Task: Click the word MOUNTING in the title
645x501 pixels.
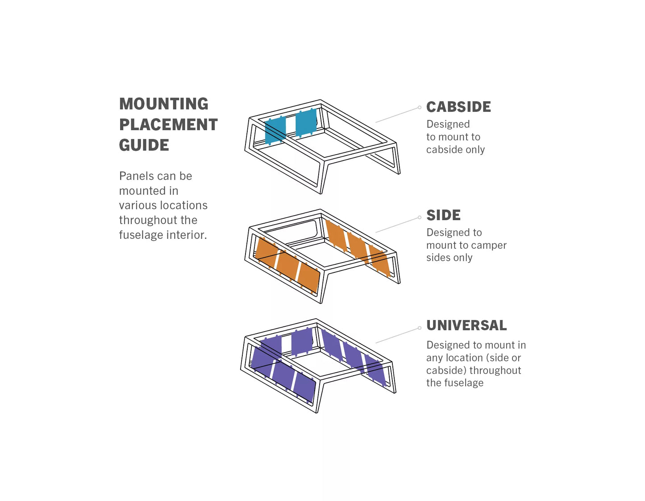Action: (x=163, y=104)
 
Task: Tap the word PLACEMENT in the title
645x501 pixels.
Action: (x=168, y=124)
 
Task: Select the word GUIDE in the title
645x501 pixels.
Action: (x=144, y=145)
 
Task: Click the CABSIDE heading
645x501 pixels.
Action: (x=458, y=107)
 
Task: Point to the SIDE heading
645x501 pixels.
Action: (x=443, y=215)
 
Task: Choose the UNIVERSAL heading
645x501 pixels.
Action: (x=466, y=325)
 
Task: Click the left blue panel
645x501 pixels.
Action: (x=275, y=130)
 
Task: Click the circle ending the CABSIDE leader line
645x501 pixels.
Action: (x=420, y=107)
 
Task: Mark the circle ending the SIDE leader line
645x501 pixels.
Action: (x=420, y=218)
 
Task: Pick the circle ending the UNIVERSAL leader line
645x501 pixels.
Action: (x=420, y=328)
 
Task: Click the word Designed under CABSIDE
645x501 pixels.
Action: (x=448, y=124)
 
